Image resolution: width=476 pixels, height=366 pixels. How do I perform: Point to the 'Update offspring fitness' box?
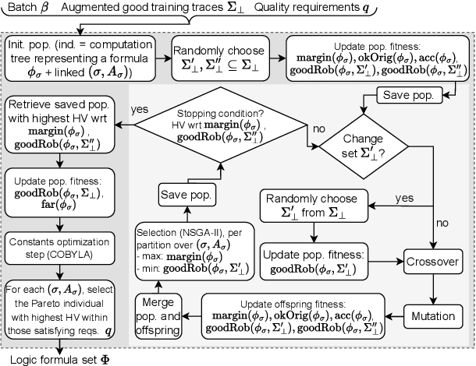point(298,313)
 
